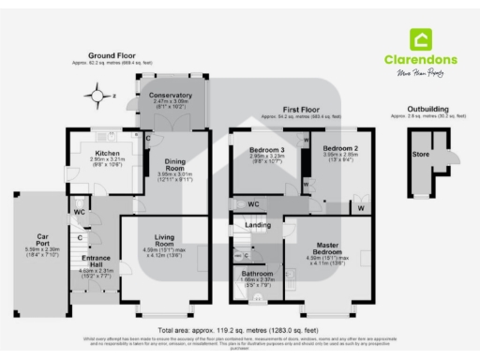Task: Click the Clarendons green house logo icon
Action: tap(421, 39)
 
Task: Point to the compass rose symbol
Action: tap(97, 95)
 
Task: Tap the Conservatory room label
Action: tap(171, 95)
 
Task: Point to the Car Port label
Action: tap(42, 238)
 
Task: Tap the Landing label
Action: tap(258, 226)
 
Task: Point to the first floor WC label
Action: tap(253, 202)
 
